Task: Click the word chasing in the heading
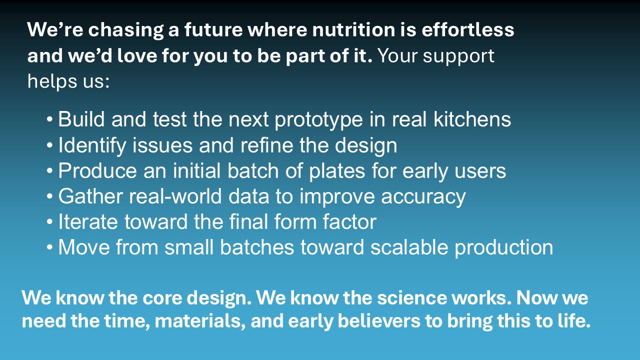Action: click(125, 30)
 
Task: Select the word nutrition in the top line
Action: click(353, 29)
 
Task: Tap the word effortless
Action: click(467, 29)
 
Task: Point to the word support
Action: click(458, 56)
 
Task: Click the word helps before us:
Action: click(52, 81)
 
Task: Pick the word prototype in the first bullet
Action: click(318, 120)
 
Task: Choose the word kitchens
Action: click(472, 119)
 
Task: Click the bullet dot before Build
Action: click(49, 119)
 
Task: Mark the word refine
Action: click(266, 145)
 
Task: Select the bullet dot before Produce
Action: click(49, 171)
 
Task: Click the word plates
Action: click(337, 171)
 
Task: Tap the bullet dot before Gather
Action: click(49, 196)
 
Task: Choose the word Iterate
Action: click(88, 221)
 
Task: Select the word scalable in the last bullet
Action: click(409, 247)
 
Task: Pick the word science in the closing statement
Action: click(411, 298)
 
